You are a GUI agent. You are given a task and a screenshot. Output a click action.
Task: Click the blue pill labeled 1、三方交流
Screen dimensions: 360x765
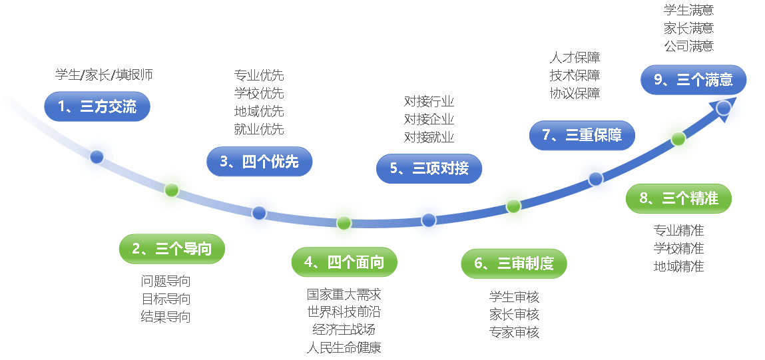[97, 106]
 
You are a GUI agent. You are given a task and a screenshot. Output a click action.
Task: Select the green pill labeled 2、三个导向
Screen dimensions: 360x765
[172, 249]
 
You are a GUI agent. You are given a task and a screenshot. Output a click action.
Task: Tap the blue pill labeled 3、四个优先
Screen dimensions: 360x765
[259, 161]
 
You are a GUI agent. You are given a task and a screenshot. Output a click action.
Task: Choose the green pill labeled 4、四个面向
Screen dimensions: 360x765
[344, 262]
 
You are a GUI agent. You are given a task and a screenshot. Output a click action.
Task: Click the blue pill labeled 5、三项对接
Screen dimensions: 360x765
[429, 168]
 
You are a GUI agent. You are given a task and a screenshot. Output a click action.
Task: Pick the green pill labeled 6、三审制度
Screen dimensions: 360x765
[513, 264]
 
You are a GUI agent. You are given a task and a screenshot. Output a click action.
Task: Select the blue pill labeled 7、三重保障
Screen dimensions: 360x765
[582, 136]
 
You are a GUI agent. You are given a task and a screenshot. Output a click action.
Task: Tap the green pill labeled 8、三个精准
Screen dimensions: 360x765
[678, 198]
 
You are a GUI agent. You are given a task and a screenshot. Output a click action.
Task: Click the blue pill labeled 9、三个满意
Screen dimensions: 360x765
[693, 80]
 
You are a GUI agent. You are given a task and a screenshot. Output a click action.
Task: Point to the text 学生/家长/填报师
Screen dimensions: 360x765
[104, 75]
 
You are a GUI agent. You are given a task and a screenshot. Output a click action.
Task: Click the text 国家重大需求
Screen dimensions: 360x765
[344, 294]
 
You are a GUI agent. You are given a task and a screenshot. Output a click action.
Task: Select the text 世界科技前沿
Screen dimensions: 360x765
[344, 311]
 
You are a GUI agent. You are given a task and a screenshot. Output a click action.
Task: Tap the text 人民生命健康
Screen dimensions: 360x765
[344, 347]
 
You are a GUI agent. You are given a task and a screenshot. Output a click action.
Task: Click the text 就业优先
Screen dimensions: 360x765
[259, 129]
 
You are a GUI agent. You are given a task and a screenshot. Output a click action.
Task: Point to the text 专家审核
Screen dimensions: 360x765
[514, 332]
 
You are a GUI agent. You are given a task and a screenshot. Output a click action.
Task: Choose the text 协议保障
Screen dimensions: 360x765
[575, 93]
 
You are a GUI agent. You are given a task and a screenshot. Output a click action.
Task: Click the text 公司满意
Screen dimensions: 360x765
[688, 46]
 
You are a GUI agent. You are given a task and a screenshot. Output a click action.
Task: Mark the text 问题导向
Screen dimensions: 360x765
[166, 281]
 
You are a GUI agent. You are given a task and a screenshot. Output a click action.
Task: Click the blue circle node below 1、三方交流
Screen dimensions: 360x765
[97, 157]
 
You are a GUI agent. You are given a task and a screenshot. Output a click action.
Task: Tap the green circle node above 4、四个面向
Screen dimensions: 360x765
[344, 222]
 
